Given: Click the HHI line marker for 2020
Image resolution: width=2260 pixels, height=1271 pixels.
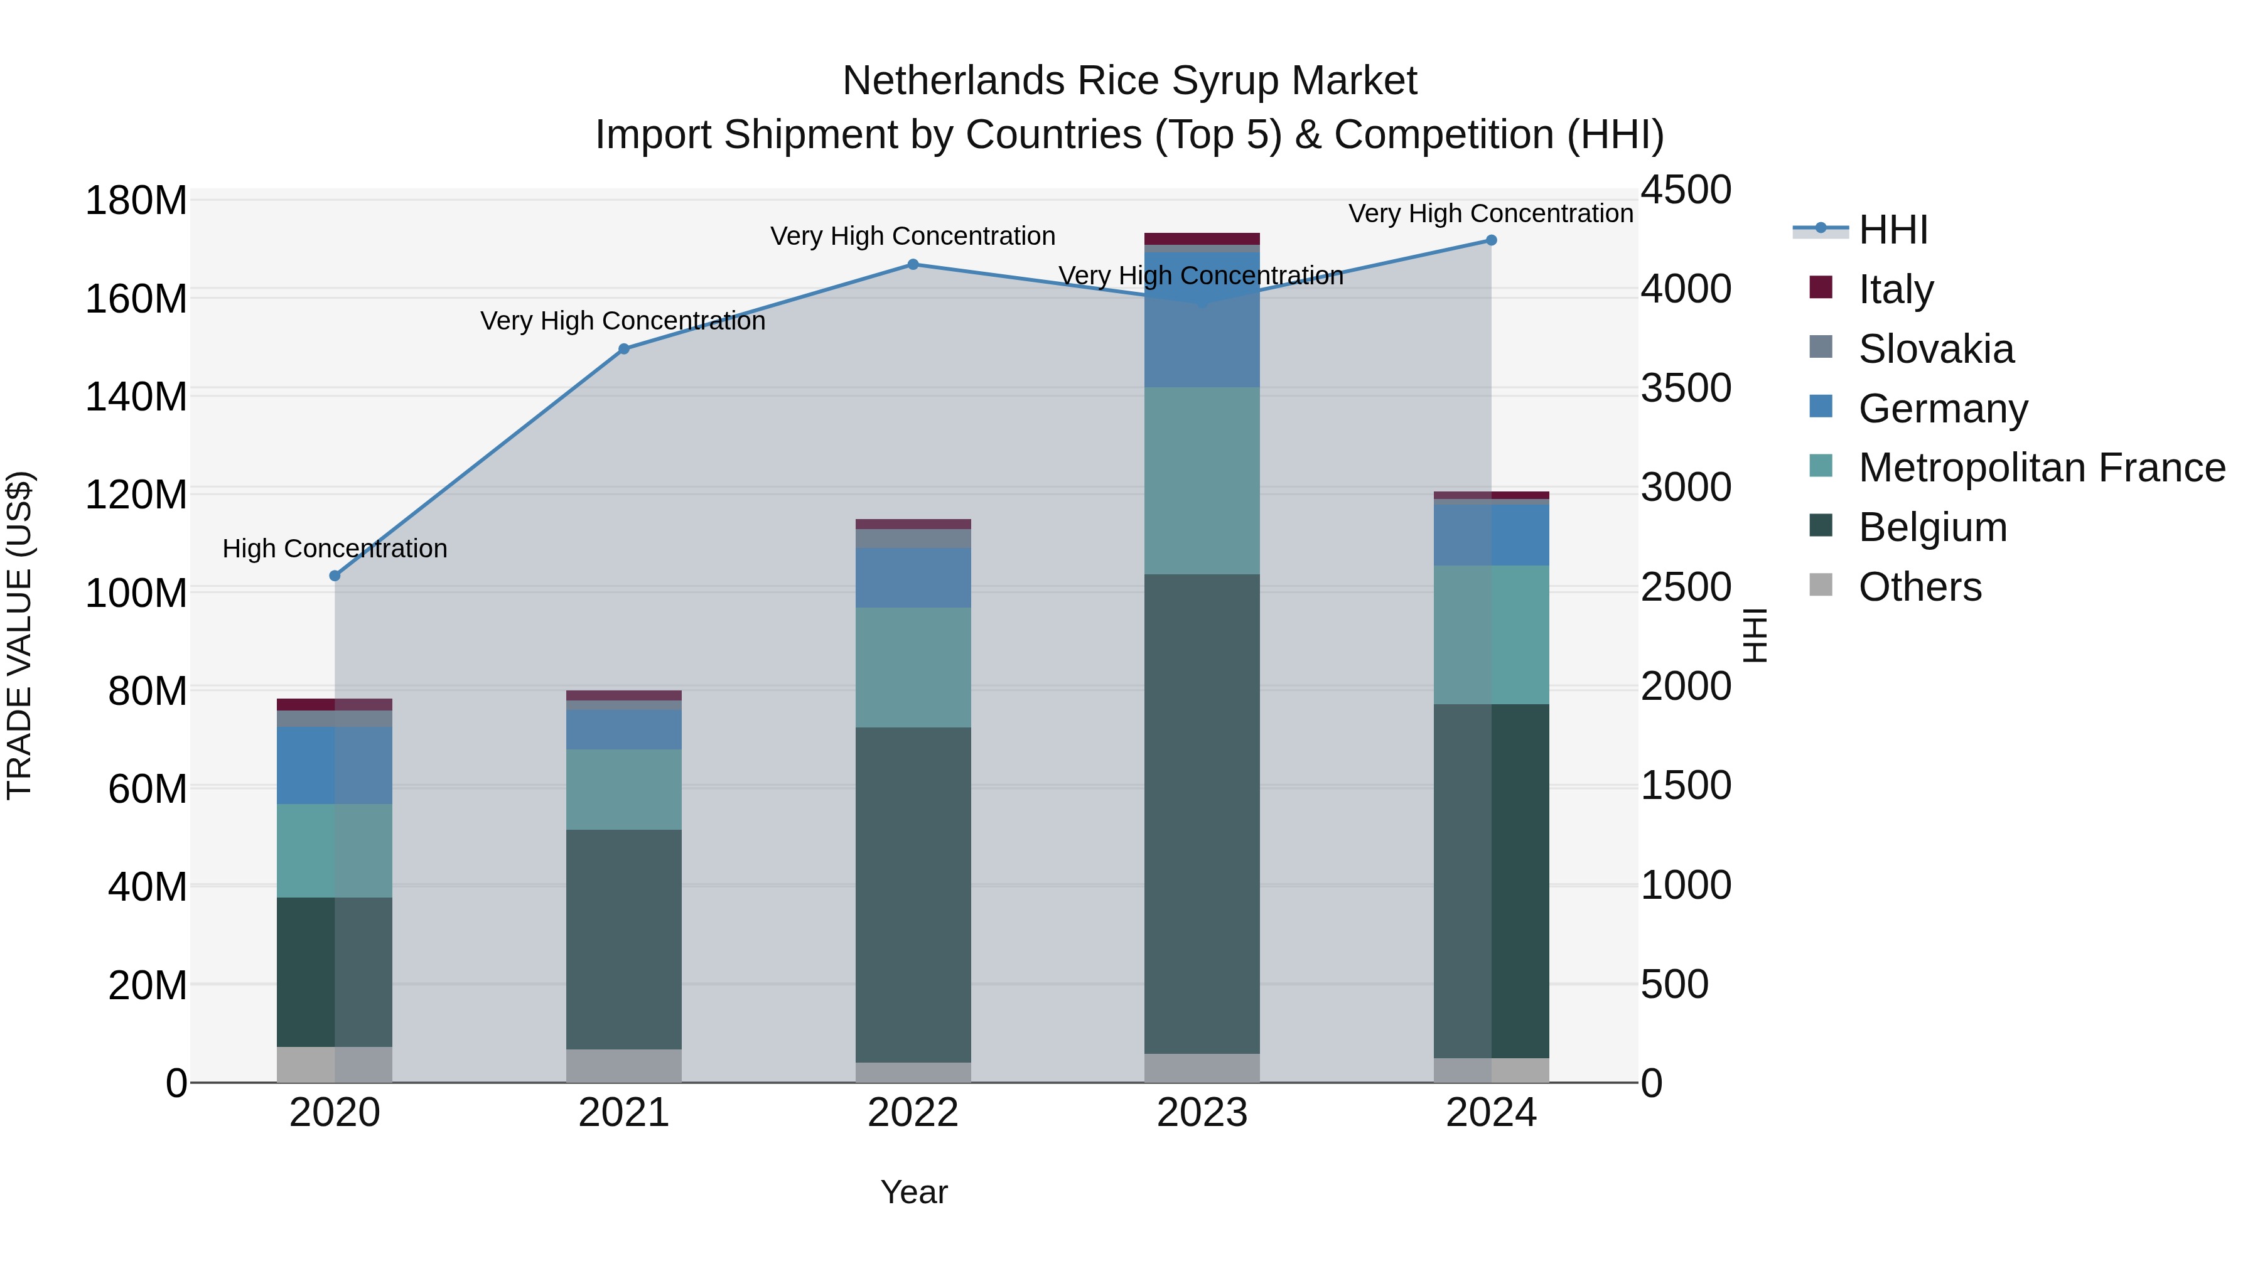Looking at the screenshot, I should pos(334,576).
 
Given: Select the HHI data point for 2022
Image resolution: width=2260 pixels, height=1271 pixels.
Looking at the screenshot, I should pos(912,264).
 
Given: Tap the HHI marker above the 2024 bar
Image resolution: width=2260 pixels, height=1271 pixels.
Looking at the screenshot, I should pos(1490,240).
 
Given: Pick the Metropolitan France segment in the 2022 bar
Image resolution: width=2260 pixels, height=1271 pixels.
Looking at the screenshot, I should pos(912,667).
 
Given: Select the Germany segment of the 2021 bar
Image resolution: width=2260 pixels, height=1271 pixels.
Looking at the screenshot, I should pos(624,729).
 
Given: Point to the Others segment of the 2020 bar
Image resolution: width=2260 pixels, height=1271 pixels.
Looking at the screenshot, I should pos(334,1064).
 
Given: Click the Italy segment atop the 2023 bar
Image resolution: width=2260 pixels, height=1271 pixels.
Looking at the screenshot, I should pos(1202,239).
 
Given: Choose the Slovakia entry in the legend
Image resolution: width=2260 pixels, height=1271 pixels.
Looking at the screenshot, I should pos(1935,349).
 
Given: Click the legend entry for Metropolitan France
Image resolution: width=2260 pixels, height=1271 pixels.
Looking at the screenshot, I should pos(2041,468).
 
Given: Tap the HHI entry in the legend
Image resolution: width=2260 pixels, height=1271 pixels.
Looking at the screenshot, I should pos(1892,230).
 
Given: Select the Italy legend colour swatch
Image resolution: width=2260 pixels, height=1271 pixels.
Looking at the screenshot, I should pos(1821,287).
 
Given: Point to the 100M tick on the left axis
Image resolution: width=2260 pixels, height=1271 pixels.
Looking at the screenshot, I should pos(136,593).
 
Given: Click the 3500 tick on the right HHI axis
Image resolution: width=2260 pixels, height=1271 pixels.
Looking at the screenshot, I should pos(1686,389).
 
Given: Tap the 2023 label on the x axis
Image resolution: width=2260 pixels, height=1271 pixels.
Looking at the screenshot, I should pos(1202,1113).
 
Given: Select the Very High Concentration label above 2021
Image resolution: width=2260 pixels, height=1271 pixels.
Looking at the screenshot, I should pos(623,321).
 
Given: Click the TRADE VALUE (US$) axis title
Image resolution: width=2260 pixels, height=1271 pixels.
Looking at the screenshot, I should pos(19,635).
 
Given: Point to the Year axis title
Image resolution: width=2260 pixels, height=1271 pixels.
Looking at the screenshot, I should pos(913,1192).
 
